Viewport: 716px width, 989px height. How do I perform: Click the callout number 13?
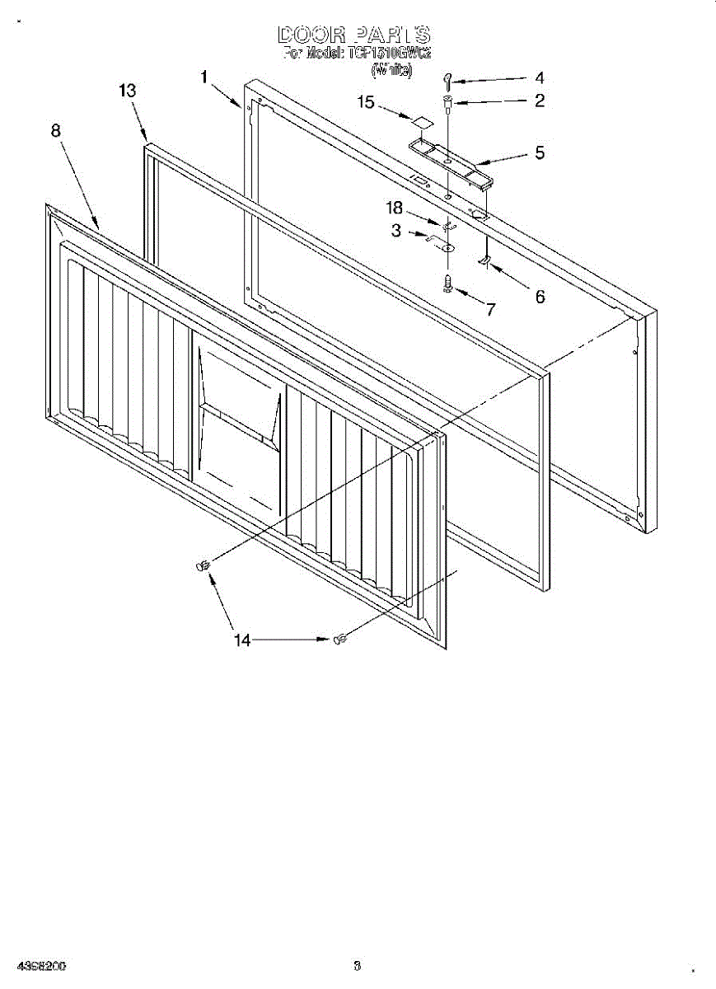[127, 91]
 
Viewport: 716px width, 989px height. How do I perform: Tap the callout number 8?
[56, 130]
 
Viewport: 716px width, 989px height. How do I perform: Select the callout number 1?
[205, 77]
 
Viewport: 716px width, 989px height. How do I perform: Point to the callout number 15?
[366, 102]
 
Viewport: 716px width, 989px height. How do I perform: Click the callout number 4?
[539, 78]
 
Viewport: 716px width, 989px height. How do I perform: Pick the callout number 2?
[539, 101]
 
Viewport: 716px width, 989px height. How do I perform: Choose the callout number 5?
[540, 152]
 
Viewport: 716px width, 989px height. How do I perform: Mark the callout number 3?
[396, 232]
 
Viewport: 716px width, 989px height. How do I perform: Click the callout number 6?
[540, 297]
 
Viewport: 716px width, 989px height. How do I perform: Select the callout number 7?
[490, 310]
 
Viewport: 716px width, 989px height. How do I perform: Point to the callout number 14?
[242, 639]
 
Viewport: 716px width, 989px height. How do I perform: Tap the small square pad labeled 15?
[423, 121]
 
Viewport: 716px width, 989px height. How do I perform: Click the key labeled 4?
[447, 80]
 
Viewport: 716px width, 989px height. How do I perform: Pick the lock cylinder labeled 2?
[447, 102]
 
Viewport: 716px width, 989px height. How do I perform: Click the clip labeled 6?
[484, 261]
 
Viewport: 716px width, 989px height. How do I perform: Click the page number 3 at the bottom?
[357, 965]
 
